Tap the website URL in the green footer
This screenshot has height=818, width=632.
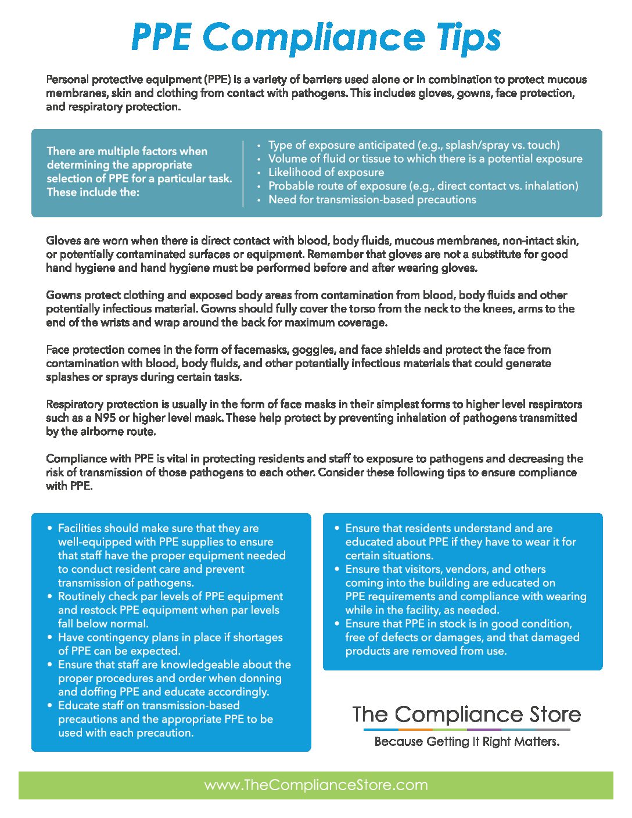[316, 785]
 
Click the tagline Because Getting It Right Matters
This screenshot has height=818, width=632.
[467, 742]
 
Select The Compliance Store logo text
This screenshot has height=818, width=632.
[466, 715]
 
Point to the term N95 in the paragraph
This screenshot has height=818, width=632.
[105, 418]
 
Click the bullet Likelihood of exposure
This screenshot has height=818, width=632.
[326, 173]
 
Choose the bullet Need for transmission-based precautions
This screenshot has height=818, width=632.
[372, 200]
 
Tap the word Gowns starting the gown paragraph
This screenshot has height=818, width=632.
[63, 295]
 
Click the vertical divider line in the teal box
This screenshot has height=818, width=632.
[243, 173]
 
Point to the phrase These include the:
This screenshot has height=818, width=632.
[93, 192]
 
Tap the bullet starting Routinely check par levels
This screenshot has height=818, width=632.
[170, 610]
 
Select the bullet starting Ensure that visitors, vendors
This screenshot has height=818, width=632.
[465, 590]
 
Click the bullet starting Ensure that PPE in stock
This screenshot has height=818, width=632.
[462, 637]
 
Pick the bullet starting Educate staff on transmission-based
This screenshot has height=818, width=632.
[165, 719]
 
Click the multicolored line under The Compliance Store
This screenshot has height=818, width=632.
[466, 730]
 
